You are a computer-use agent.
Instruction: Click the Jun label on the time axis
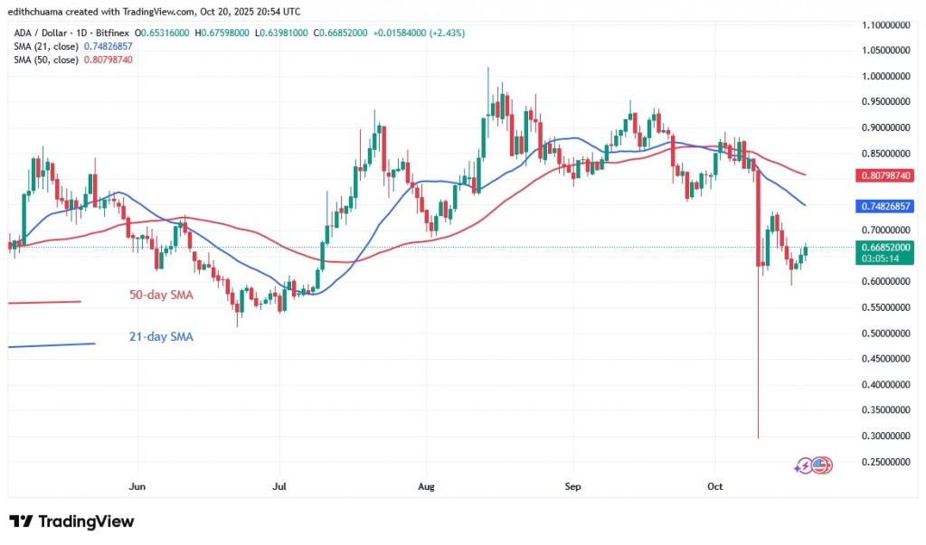point(137,486)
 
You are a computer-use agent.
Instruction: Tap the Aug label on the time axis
point(427,486)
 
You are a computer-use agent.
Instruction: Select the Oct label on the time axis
point(715,486)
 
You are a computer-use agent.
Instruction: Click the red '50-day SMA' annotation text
point(159,295)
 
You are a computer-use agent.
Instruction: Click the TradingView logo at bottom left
point(71,522)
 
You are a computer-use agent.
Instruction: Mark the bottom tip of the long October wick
point(758,438)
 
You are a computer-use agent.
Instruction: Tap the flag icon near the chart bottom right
point(821,465)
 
